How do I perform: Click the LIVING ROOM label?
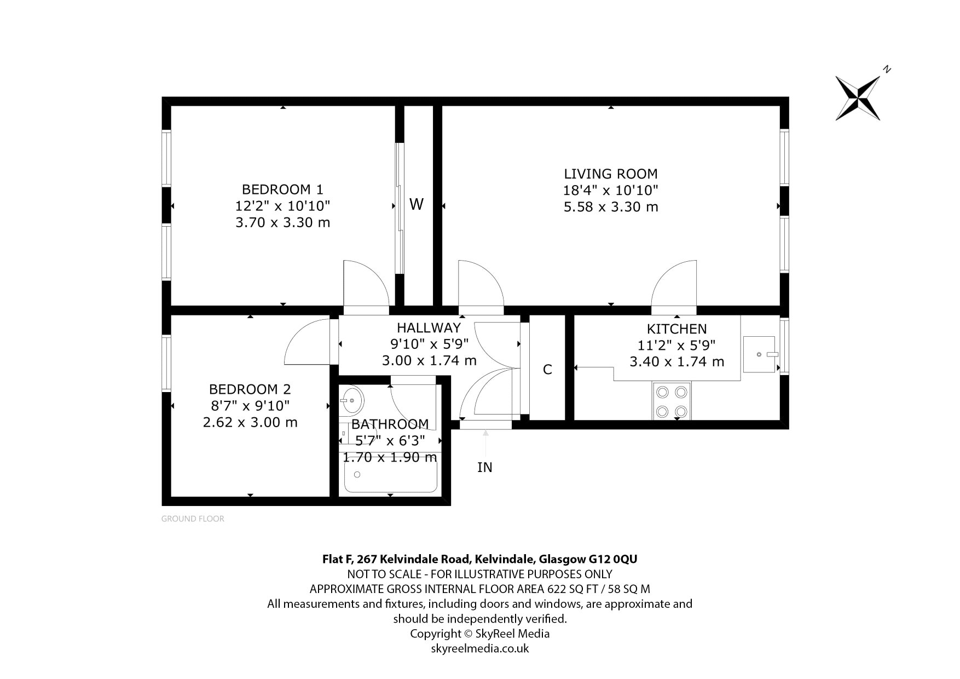coord(610,174)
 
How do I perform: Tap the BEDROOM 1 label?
coord(282,189)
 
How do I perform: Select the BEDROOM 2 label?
coord(250,389)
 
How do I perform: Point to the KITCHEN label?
coord(676,329)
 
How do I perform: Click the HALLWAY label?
coord(429,327)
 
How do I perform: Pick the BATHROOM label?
coord(390,424)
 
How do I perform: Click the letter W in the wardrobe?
coord(417,204)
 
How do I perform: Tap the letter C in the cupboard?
coord(547,370)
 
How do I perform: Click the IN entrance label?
coord(485,467)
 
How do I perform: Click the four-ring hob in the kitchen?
coord(672,401)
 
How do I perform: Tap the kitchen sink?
coord(760,354)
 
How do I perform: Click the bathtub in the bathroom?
coord(390,473)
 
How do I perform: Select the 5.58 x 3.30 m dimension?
coord(611,207)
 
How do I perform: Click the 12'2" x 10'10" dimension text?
coord(282,206)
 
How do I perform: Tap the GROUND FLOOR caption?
coord(193,519)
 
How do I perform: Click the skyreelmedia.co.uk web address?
coord(480,648)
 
